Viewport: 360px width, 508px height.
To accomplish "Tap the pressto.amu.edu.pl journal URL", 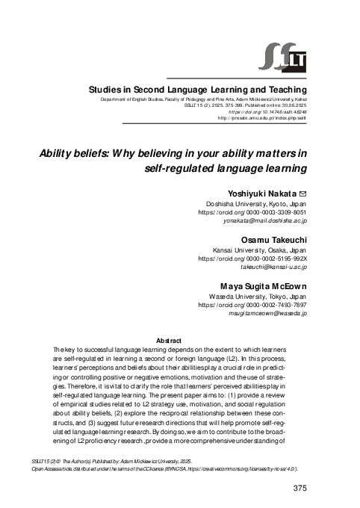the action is pos(262,118).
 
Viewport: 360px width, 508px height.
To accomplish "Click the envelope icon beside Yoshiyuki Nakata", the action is pos(302,193).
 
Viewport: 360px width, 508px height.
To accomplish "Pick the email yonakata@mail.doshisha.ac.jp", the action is pos(265,222).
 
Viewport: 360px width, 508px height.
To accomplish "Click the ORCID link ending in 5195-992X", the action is pos(252,259).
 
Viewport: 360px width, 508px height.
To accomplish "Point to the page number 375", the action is pos(298,489).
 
